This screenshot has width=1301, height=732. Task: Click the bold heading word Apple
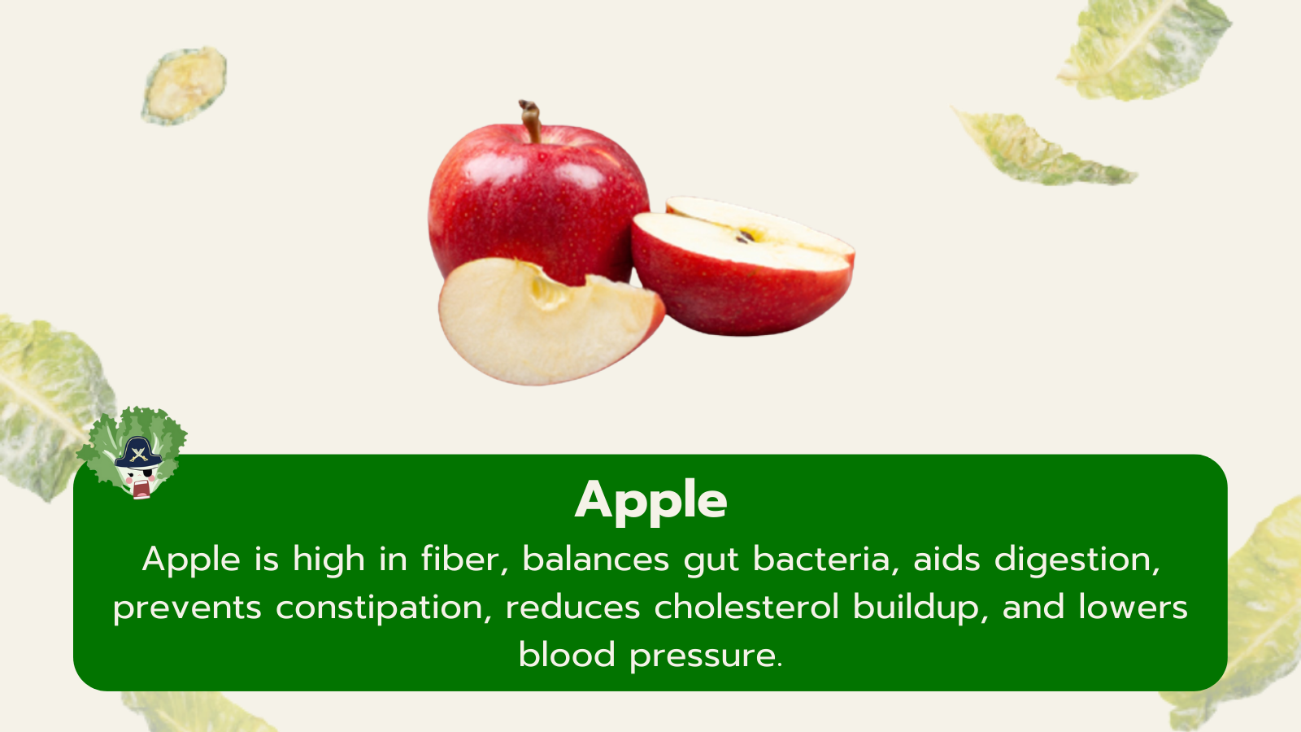point(650,502)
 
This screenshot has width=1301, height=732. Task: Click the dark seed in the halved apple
point(745,236)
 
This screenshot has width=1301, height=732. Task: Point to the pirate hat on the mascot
point(137,453)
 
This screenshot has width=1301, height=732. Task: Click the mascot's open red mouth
point(140,489)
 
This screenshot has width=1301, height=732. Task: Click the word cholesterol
point(747,607)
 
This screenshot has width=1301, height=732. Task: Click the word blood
point(567,655)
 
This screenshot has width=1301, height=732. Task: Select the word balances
point(596,559)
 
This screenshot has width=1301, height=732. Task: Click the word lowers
point(1133,607)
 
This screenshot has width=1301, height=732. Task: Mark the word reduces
point(573,607)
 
